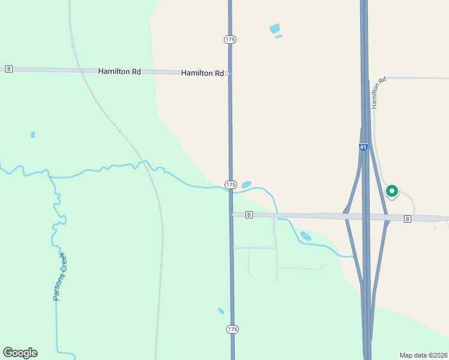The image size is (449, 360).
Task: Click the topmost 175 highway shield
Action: (231, 39)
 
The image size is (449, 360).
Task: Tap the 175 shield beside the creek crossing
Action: (231, 184)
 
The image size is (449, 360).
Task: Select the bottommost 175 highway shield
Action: (232, 329)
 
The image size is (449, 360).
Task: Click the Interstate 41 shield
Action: (363, 147)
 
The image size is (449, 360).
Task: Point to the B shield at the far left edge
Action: (8, 69)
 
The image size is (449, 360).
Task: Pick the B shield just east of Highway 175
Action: (249, 214)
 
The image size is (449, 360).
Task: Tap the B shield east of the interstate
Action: (408, 218)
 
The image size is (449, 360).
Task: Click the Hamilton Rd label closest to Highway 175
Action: (202, 73)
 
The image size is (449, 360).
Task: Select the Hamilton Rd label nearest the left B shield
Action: (119, 71)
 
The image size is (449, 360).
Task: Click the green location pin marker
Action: (392, 191)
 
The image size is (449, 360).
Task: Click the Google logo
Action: (20, 353)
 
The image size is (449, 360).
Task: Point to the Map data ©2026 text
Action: (423, 355)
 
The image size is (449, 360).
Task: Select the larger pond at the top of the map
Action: (275, 28)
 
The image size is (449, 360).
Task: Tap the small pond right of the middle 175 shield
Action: (247, 184)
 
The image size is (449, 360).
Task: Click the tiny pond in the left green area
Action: (32, 134)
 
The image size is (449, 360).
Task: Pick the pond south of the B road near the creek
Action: (306, 236)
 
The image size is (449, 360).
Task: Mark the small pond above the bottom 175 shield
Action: (221, 311)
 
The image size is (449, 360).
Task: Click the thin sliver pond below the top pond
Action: (279, 37)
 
